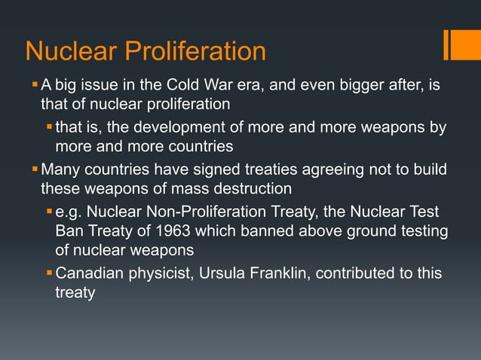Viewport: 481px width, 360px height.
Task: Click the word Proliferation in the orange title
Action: click(195, 51)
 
